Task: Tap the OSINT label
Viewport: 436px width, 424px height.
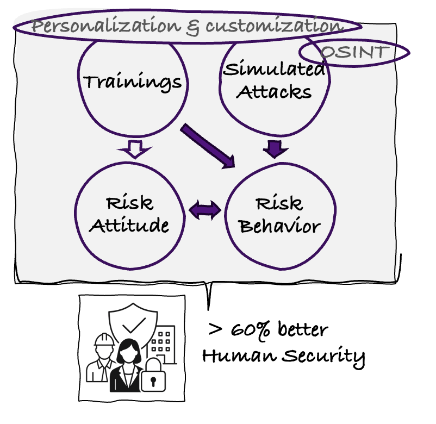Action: pyautogui.click(x=355, y=53)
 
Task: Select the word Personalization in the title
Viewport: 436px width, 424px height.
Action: pyautogui.click(x=105, y=26)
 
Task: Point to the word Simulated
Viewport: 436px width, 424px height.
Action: pyautogui.click(x=275, y=69)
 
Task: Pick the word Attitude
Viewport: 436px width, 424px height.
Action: pyautogui.click(x=129, y=226)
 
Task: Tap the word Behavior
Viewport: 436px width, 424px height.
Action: pyautogui.click(x=279, y=226)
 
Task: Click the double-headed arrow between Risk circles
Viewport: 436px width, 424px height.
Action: pyautogui.click(x=205, y=210)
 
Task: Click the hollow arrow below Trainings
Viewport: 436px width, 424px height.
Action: pyautogui.click(x=135, y=148)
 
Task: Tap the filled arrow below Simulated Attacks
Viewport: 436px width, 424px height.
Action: pyautogui.click(x=276, y=147)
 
